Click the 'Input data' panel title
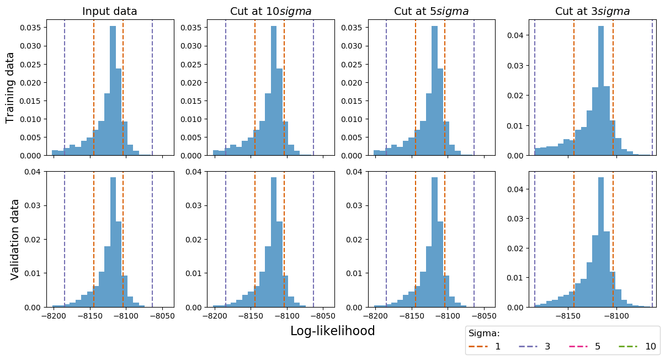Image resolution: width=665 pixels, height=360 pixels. point(110,11)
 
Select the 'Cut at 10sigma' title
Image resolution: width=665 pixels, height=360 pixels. point(270,11)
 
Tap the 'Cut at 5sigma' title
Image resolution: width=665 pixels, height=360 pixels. point(432,11)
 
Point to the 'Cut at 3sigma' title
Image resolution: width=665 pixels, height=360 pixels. point(593,11)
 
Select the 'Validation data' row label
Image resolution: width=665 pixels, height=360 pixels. point(15,239)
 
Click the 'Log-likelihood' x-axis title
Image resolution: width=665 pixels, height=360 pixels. point(332,331)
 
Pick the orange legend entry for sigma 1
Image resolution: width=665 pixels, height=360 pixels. point(485,347)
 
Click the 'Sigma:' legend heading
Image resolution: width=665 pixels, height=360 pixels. point(484,333)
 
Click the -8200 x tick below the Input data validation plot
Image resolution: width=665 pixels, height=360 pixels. point(54,316)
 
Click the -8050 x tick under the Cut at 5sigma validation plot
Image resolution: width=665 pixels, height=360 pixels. point(485,316)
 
